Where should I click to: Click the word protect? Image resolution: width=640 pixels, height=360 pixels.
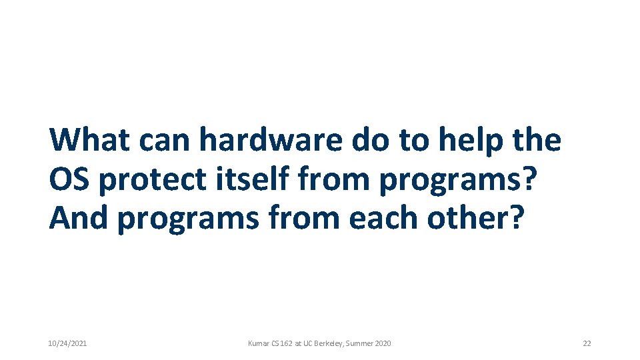pyautogui.click(x=157, y=181)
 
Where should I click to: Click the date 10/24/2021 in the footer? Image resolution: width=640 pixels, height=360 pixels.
pyautogui.click(x=67, y=343)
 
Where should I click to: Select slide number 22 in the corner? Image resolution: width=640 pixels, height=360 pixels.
pyautogui.click(x=587, y=343)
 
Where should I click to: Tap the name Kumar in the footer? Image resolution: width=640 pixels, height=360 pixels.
pyautogui.click(x=258, y=343)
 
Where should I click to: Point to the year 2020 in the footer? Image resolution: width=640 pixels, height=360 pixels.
pyautogui.click(x=383, y=343)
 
